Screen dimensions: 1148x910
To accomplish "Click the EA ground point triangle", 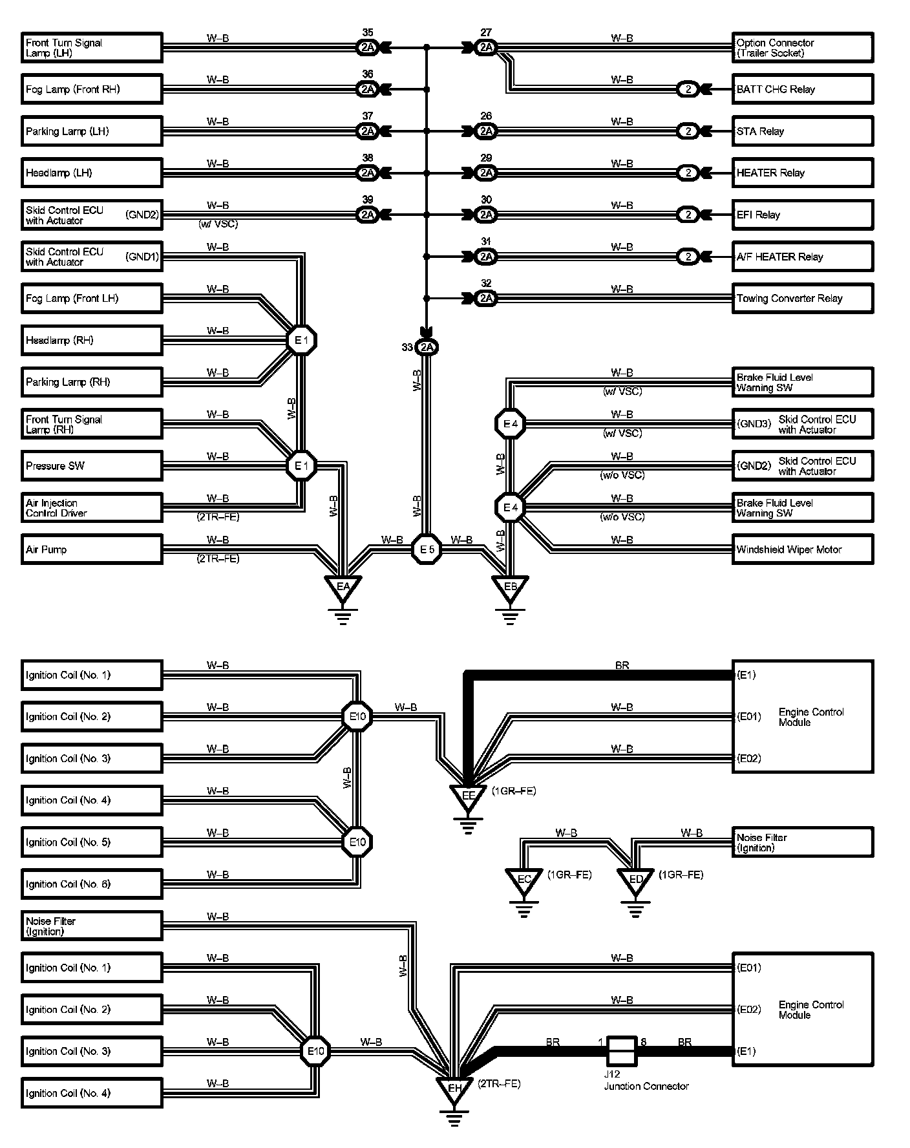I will pyautogui.click(x=343, y=588).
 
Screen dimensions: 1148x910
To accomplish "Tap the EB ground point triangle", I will pyautogui.click(x=510, y=588).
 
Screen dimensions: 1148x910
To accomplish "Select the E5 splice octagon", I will pyautogui.click(x=427, y=549).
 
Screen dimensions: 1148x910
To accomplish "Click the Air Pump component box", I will pyautogui.click(x=91, y=549).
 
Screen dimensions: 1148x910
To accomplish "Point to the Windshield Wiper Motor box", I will pyautogui.click(x=802, y=549).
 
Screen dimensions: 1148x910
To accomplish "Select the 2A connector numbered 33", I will pyautogui.click(x=427, y=348).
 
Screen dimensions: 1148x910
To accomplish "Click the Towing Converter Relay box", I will pyautogui.click(x=802, y=299).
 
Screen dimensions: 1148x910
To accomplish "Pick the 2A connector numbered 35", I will pyautogui.click(x=368, y=47).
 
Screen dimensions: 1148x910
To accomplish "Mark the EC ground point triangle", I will pyautogui.click(x=524, y=880).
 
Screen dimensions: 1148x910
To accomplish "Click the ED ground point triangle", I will pyautogui.click(x=636, y=880).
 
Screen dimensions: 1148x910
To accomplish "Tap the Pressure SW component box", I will pyautogui.click(x=91, y=466).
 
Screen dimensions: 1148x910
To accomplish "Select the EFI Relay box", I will pyautogui.click(x=802, y=215).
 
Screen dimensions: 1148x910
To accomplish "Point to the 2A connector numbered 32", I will pyautogui.click(x=486, y=299).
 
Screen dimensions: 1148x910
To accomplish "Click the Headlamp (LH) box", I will pyautogui.click(x=91, y=173).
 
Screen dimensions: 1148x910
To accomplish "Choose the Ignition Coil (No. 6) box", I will pyautogui.click(x=91, y=884).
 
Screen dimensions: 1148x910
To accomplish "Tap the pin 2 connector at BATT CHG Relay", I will pyautogui.click(x=688, y=89).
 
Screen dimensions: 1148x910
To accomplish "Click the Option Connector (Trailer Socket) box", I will pyautogui.click(x=802, y=48).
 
